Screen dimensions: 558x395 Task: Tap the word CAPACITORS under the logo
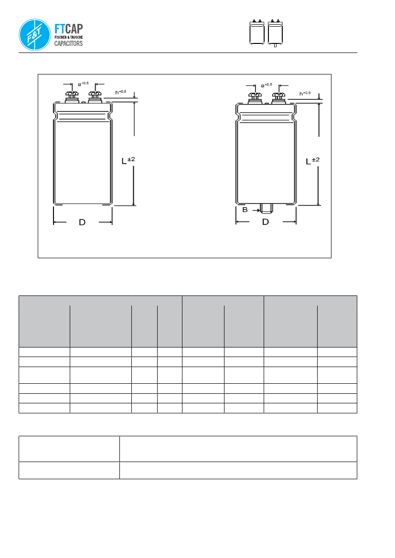point(68,43)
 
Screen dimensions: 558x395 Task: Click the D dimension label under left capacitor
point(82,222)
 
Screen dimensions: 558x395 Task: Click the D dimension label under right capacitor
point(266,222)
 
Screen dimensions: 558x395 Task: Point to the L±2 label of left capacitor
point(128,160)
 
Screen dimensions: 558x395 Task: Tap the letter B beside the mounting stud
point(245,210)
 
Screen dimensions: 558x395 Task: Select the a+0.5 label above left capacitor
point(83,84)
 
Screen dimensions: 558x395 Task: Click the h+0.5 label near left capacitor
point(121,92)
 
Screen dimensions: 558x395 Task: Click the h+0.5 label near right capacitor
point(305,93)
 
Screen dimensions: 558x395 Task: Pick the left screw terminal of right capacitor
point(254,97)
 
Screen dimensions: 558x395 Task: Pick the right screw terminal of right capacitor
point(278,97)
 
